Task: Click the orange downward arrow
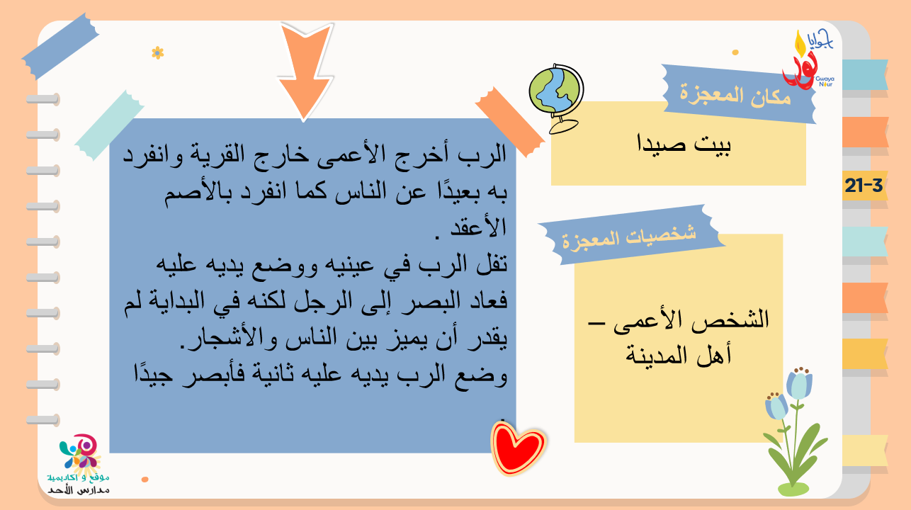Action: pos(305,69)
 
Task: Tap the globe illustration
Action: pos(556,98)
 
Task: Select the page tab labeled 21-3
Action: pos(864,186)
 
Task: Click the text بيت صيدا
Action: pos(684,144)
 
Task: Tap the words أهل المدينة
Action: pos(679,355)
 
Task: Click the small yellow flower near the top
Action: pos(158,53)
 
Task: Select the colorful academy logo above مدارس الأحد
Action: pos(80,451)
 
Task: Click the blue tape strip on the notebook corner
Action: pos(60,46)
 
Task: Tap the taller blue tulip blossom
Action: pos(799,383)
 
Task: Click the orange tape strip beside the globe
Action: pos(510,122)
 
